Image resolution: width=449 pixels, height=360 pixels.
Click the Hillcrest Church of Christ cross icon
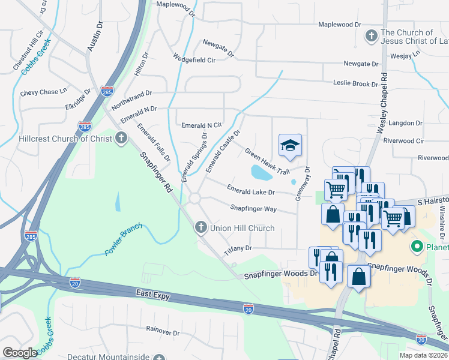(121, 139)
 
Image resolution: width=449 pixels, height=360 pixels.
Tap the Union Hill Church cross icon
(201, 227)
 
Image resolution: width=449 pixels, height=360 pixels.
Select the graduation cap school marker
(290, 146)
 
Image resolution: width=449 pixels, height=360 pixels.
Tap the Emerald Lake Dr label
(250, 190)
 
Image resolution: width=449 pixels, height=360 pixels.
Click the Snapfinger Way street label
(253, 208)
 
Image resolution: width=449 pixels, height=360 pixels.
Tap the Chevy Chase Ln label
(43, 92)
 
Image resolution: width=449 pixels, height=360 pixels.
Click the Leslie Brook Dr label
(357, 83)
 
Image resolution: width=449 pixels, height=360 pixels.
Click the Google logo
(20, 353)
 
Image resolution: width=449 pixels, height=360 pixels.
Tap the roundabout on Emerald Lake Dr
(194, 198)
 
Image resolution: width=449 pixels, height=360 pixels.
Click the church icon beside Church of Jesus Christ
(371, 37)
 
